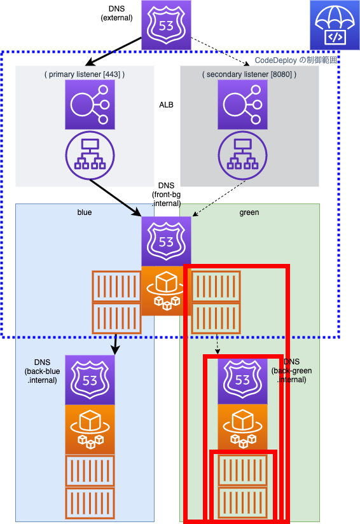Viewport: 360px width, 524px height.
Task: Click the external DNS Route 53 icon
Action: [166, 25]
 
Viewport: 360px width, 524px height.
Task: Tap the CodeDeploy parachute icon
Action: [335, 25]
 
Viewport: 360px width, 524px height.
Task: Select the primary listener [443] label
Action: [85, 74]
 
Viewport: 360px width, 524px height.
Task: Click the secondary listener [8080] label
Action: [249, 74]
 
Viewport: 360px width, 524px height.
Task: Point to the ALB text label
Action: [166, 105]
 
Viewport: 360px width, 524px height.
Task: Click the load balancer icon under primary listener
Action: [90, 104]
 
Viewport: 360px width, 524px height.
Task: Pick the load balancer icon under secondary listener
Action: [243, 104]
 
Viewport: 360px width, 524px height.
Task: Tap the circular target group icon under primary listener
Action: [90, 155]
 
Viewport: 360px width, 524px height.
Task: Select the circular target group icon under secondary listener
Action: [243, 155]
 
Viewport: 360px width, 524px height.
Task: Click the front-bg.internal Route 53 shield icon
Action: [166, 241]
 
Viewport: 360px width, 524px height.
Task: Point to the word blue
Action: [85, 212]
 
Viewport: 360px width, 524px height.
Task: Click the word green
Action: [249, 212]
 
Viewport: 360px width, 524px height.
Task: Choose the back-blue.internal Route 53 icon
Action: [90, 380]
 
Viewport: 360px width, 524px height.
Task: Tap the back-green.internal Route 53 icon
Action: [243, 380]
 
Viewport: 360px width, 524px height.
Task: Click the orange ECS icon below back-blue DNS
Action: [90, 429]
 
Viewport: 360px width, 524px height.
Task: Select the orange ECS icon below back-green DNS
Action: [243, 427]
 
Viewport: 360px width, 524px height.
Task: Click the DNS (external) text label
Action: [116, 13]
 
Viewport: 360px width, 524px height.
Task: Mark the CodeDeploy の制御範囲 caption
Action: [296, 60]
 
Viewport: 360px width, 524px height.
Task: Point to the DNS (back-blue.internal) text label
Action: [42, 371]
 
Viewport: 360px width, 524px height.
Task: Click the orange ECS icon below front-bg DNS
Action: [166, 291]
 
